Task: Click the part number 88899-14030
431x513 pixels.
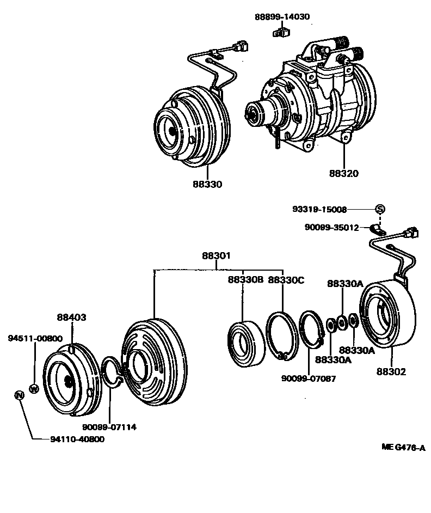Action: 282,17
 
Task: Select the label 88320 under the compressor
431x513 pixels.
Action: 343,174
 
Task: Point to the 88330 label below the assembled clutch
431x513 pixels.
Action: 207,185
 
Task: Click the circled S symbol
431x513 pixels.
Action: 380,210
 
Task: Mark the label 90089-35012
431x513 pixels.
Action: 331,228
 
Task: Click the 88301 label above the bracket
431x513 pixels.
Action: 217,255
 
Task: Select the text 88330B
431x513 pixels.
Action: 245,280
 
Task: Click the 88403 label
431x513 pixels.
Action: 72,317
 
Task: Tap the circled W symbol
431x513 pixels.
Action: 34,389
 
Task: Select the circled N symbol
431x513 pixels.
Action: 19,395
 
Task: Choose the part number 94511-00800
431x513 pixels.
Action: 35,338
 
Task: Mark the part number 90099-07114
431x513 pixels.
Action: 109,427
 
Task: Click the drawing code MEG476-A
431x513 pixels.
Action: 403,448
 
